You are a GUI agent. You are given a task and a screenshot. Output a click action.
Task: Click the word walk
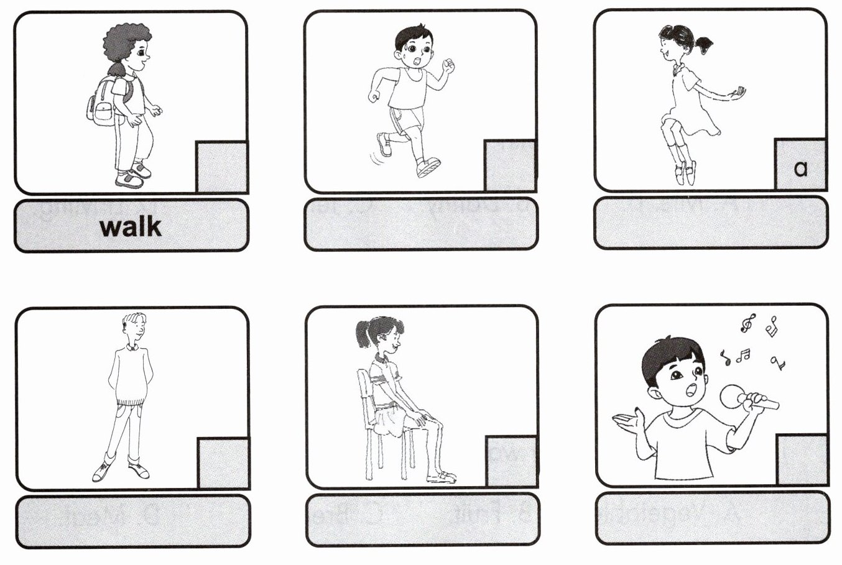click(x=131, y=227)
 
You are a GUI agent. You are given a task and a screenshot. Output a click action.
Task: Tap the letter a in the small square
click(x=801, y=168)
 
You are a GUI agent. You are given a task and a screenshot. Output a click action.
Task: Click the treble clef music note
click(x=747, y=323)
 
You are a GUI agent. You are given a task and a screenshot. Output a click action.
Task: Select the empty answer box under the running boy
click(x=420, y=224)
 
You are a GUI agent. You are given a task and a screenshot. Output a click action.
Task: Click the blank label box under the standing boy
click(x=132, y=521)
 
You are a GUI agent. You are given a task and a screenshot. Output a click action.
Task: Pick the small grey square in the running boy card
click(x=510, y=165)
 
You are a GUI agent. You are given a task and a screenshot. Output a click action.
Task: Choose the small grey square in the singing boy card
click(x=802, y=460)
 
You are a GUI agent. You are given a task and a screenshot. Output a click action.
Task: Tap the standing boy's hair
click(x=134, y=321)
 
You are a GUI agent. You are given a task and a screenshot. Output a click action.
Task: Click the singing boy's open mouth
click(x=691, y=391)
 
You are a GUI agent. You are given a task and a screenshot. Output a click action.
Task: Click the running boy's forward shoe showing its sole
click(x=429, y=167)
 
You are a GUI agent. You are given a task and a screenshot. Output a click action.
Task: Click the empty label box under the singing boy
click(x=712, y=518)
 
